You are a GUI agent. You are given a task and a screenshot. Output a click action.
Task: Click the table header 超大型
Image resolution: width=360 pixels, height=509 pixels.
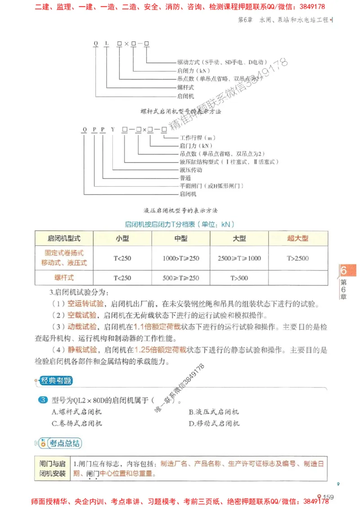coord(297,238)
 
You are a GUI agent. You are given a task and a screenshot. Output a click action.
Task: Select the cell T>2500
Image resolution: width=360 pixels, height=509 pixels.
coord(297,258)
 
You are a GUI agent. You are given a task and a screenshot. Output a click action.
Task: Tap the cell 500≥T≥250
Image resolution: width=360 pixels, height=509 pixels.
coord(181,278)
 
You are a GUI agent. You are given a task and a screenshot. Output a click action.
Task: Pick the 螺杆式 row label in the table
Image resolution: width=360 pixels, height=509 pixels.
coord(64,278)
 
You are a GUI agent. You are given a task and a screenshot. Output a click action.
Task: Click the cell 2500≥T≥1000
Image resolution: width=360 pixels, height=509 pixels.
coord(239,258)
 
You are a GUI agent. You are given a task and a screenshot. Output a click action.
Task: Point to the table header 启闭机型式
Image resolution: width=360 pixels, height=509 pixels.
coord(64,238)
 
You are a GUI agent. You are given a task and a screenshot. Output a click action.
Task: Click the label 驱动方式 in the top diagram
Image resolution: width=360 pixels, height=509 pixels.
coord(189,62)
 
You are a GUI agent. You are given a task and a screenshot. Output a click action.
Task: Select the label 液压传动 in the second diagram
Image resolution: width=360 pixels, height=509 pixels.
coord(190,170)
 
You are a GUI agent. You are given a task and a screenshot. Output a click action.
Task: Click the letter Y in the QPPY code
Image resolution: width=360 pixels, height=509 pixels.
coord(113,130)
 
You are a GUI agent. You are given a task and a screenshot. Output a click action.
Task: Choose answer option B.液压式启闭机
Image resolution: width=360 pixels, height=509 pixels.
coord(214,412)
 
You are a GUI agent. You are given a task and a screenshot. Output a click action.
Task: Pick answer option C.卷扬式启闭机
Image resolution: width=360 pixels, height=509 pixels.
coord(77,423)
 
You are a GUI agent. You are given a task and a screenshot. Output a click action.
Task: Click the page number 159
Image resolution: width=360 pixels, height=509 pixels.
coord(328,497)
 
